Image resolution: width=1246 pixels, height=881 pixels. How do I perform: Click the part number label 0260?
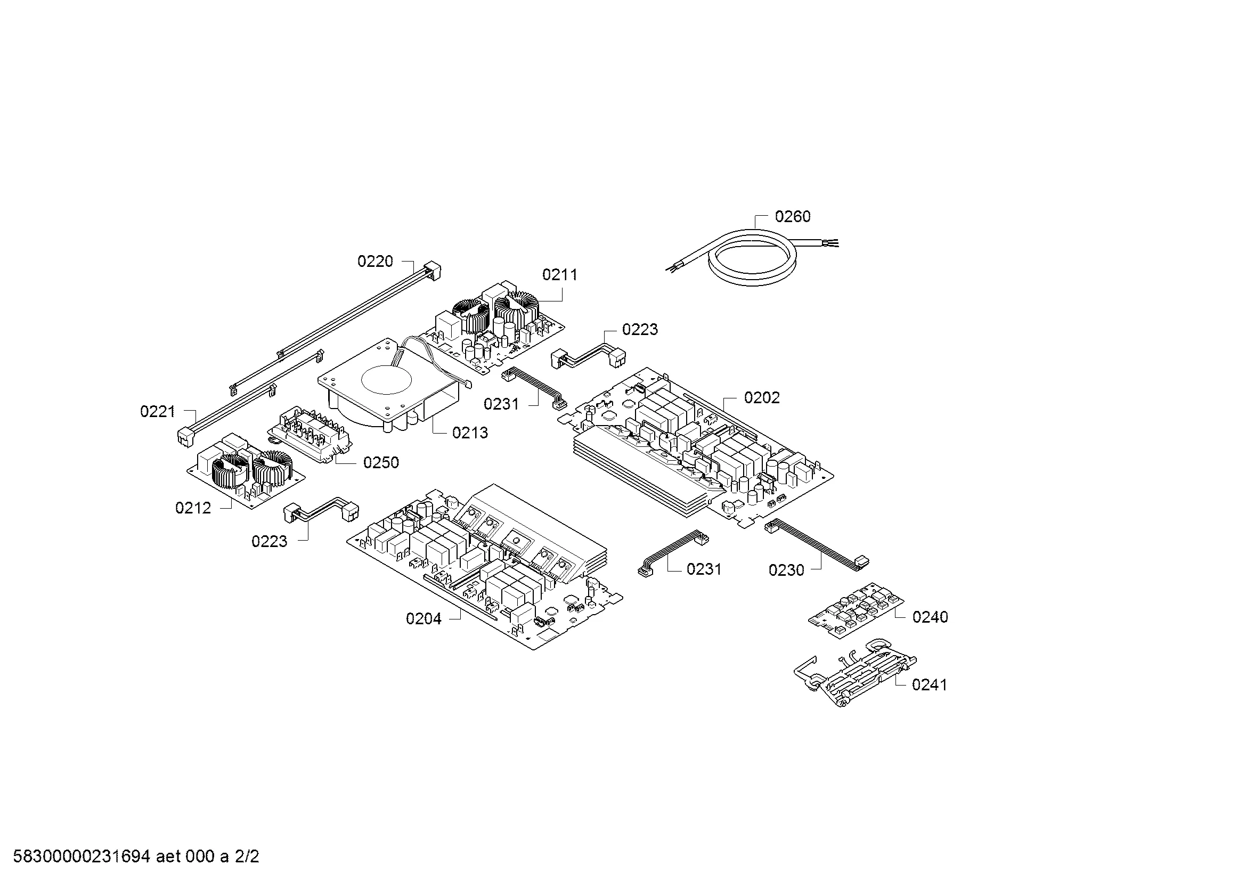coord(792,217)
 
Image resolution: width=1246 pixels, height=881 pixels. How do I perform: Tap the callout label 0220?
coord(375,262)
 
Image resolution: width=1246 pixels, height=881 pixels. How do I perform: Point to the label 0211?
coord(559,275)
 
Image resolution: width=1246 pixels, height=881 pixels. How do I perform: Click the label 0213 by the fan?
coord(470,433)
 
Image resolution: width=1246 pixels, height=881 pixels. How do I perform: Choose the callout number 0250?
coord(381,463)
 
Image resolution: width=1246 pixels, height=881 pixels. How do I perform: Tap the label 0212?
coord(193,508)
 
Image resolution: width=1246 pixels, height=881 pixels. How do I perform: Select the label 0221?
coord(158,412)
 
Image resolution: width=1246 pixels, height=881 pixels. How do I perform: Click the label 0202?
coord(762,398)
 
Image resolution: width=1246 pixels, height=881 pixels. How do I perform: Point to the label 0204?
coord(424,619)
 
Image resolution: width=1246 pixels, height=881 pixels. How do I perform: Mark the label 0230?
coord(786,570)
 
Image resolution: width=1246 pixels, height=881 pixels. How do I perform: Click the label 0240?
coord(930,617)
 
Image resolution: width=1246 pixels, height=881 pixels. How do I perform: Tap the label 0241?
coord(930,685)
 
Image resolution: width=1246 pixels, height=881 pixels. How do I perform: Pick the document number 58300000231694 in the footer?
coord(82,856)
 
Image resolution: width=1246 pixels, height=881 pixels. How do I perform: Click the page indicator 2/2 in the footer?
coord(247,856)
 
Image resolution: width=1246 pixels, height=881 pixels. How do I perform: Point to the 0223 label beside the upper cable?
coord(640,330)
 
